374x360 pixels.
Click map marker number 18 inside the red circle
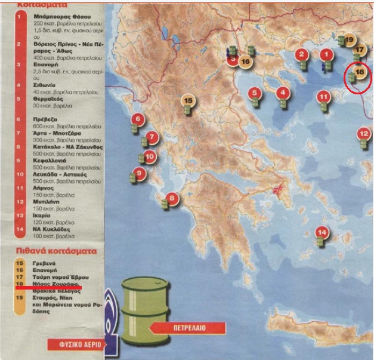(359, 73)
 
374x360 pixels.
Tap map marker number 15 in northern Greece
(188, 100)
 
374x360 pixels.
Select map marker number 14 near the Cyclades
(323, 232)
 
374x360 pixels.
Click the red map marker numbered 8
(172, 199)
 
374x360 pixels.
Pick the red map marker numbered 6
(138, 119)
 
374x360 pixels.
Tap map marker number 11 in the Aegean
(323, 96)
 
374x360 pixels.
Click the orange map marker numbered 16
(245, 60)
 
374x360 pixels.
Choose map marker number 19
(350, 39)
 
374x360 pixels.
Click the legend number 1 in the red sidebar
(20, 16)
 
